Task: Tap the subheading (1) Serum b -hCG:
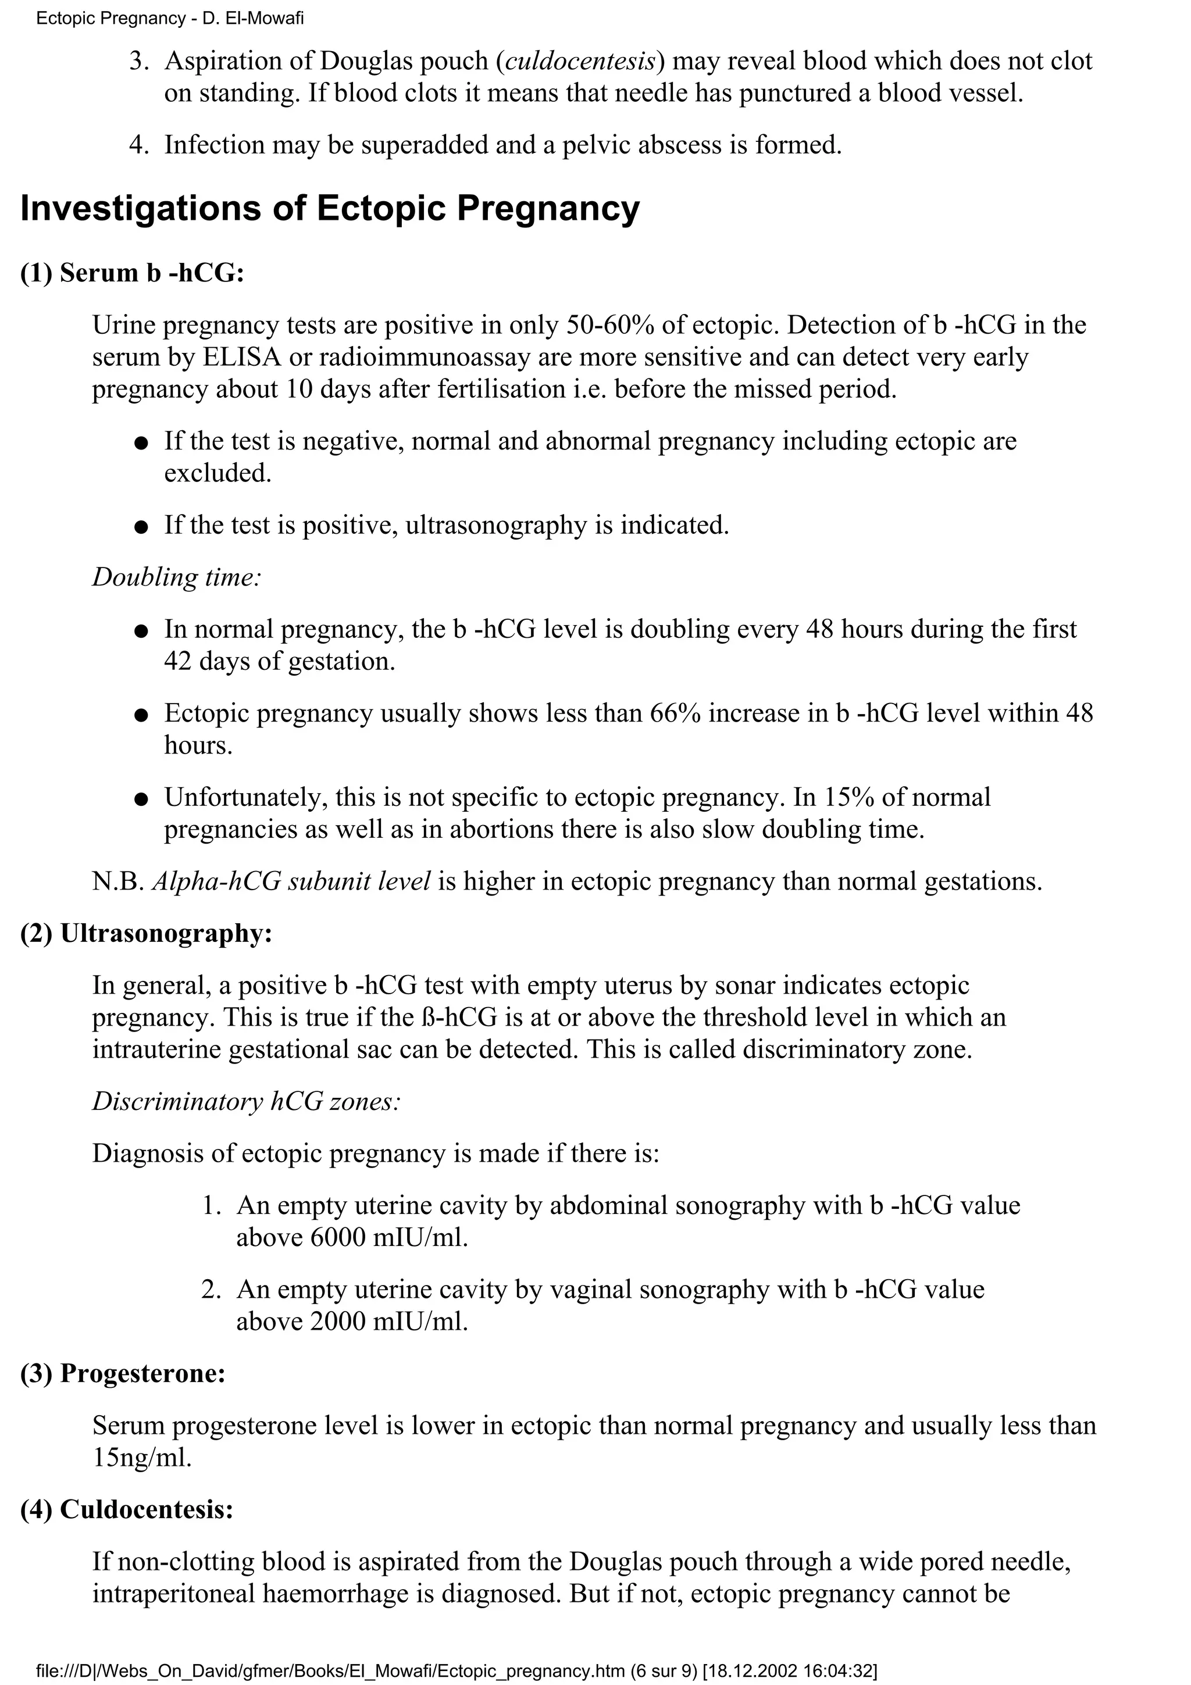tap(131, 273)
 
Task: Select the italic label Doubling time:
tap(177, 577)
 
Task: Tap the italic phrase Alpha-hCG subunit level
tap(291, 881)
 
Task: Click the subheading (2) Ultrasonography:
tap(146, 934)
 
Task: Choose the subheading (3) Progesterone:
tap(123, 1374)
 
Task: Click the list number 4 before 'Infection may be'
tap(137, 145)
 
